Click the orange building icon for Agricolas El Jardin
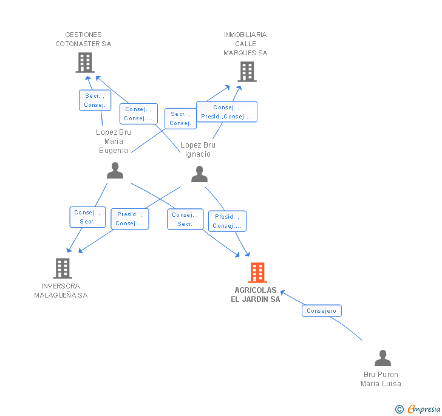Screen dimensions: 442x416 257,273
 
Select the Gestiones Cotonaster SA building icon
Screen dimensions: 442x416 85,63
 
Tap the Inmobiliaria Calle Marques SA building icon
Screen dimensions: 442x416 247,72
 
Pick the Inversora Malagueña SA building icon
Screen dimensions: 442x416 63,268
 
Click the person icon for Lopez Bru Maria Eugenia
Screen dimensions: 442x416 115,171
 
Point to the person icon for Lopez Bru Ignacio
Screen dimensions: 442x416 199,174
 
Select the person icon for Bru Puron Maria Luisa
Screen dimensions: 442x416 382,358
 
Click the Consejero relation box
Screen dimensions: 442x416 322,311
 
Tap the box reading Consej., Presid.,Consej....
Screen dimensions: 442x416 226,112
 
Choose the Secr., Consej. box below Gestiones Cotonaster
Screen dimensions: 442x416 95,100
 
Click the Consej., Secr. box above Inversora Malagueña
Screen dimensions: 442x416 87,217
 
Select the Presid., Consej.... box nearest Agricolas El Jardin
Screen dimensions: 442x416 227,221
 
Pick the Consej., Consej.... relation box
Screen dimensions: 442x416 138,114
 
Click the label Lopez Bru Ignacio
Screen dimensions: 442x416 198,149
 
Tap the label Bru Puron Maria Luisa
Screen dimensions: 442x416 381,379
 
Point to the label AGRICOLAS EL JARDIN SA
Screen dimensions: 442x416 256,295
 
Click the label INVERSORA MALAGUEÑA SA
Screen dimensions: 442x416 61,290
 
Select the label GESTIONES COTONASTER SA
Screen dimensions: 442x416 83,39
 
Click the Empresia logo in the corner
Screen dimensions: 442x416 418,409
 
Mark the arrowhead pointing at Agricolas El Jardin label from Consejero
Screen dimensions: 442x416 283,292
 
